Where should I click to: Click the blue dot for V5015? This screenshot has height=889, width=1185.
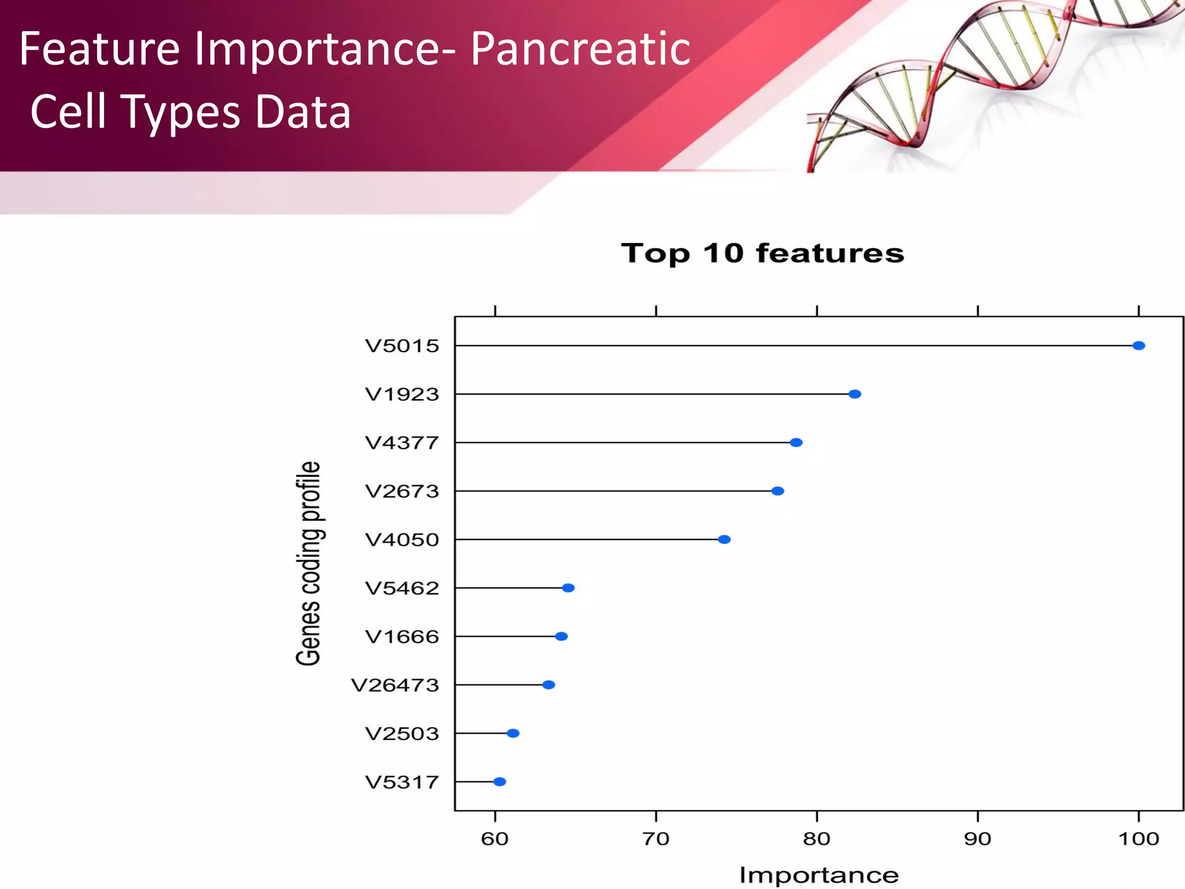[x=1138, y=346]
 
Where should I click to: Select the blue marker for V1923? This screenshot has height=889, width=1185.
[x=855, y=394]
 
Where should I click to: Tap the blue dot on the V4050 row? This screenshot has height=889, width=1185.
[x=724, y=539]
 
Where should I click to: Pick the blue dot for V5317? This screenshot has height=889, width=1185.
[x=499, y=782]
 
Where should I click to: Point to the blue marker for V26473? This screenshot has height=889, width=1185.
[x=549, y=685]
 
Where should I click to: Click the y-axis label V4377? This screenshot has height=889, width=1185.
[x=402, y=443]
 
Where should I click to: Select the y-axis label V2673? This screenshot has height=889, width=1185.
[x=402, y=491]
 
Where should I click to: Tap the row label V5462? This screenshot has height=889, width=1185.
[x=402, y=588]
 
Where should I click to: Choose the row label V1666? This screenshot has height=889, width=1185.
[x=402, y=637]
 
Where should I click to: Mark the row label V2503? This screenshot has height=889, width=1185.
[x=402, y=734]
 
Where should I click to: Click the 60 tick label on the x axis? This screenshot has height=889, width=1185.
[x=495, y=839]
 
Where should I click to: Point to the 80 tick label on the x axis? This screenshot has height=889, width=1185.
[x=816, y=839]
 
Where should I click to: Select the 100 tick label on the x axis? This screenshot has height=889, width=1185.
[x=1138, y=839]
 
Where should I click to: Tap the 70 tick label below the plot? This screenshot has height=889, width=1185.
[x=656, y=839]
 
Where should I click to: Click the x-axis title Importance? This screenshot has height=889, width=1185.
[x=819, y=875]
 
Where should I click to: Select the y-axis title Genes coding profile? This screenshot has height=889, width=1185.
[x=308, y=563]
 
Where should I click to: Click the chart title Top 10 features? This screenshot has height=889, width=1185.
[x=762, y=254]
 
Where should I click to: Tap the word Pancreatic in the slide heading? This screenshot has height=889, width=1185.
[x=580, y=49]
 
